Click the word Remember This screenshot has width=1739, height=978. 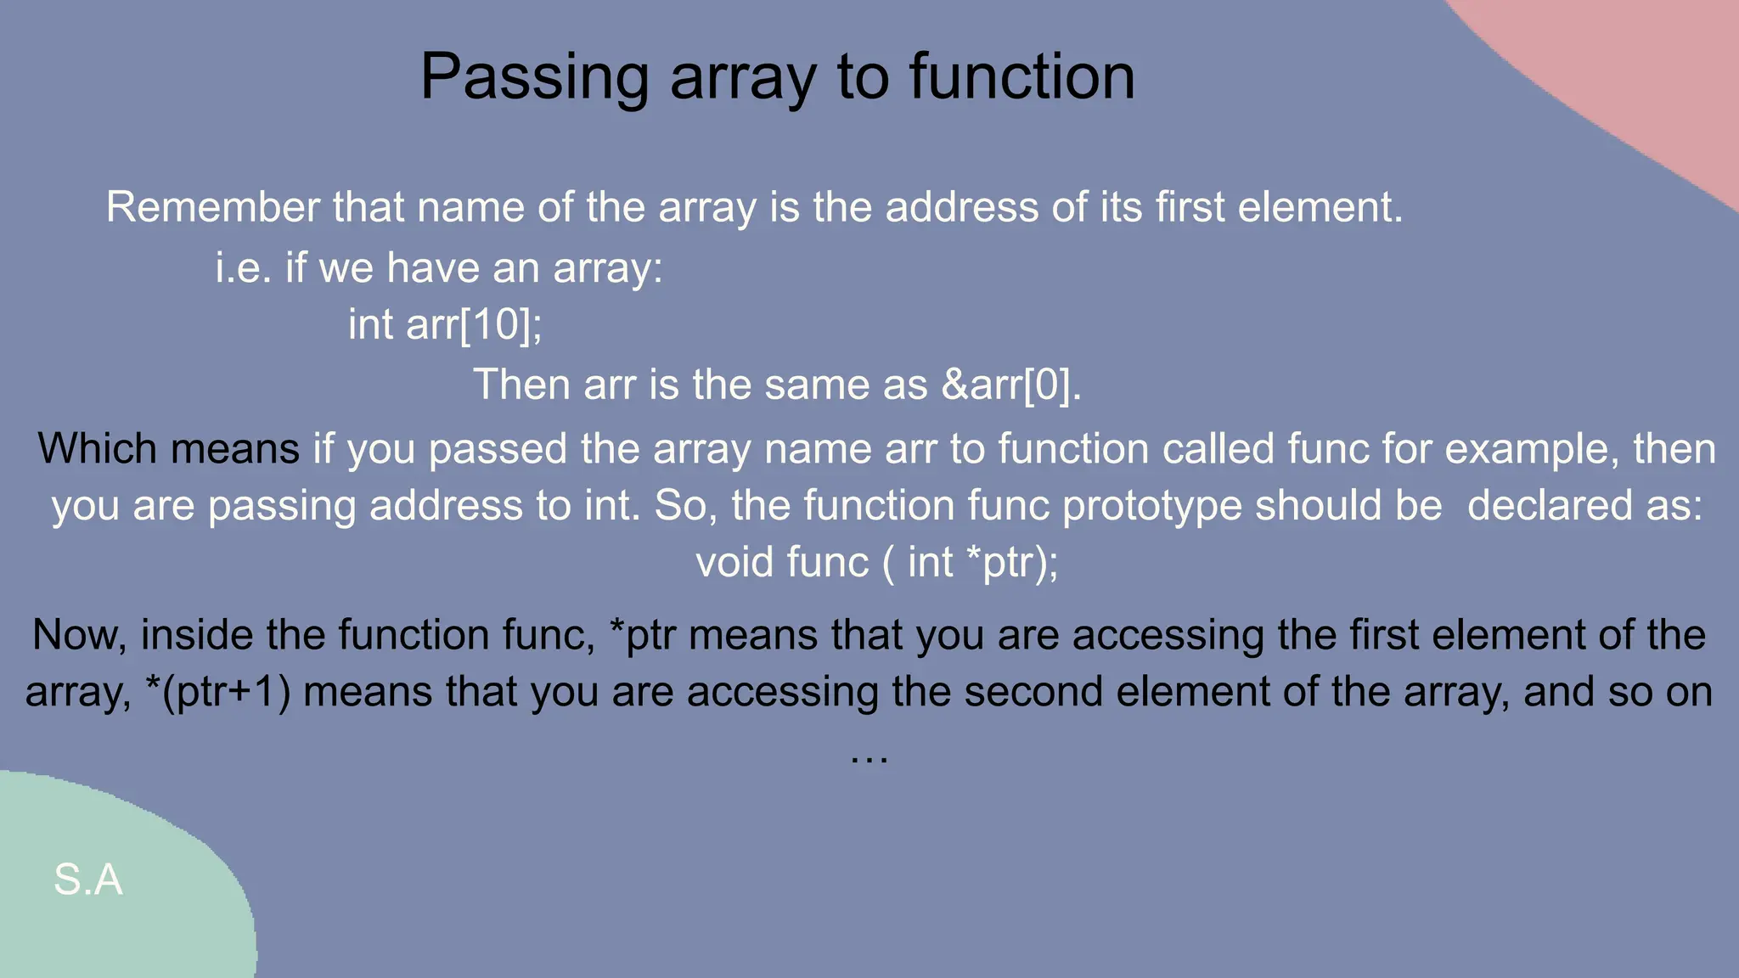click(212, 207)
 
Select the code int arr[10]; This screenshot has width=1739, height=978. click(445, 324)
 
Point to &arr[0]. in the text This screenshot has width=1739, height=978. click(1011, 385)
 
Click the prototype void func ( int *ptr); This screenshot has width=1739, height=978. click(877, 562)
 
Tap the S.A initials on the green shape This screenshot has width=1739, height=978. click(88, 880)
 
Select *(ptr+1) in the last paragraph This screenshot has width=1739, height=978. click(218, 692)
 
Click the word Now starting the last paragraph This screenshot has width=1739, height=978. click(79, 635)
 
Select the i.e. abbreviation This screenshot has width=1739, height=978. click(243, 268)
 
